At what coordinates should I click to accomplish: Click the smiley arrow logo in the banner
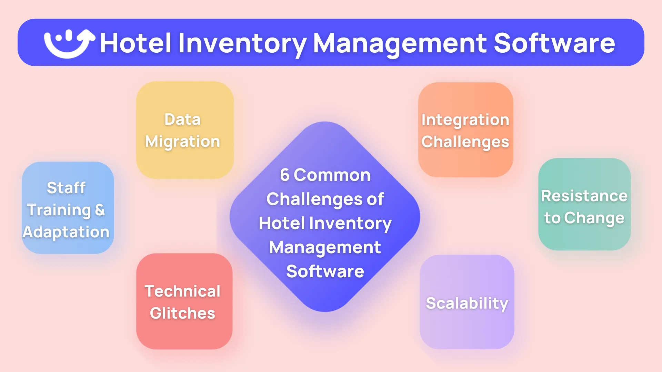coord(69,43)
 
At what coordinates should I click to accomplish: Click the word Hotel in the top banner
coord(136,43)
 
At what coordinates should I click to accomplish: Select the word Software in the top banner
coord(554,43)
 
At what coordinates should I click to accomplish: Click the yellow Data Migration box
coord(185,130)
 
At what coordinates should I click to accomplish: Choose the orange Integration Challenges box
coord(465,130)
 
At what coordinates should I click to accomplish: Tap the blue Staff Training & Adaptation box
coord(68,208)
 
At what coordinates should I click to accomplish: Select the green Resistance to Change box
coord(584,204)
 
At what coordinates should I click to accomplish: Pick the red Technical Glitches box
coord(184,301)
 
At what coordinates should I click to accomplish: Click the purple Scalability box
coord(467,302)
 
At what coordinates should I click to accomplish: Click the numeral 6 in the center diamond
coord(284,175)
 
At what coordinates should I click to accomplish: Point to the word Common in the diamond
coord(332,175)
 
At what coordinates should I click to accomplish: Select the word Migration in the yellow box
coord(182,142)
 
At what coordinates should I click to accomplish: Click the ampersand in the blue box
coord(100,210)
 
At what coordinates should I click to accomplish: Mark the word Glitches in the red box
coord(182,313)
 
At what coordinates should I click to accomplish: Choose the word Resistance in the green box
coord(584,196)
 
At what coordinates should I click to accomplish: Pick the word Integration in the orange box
coord(465,120)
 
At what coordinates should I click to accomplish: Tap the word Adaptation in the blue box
coord(66,232)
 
